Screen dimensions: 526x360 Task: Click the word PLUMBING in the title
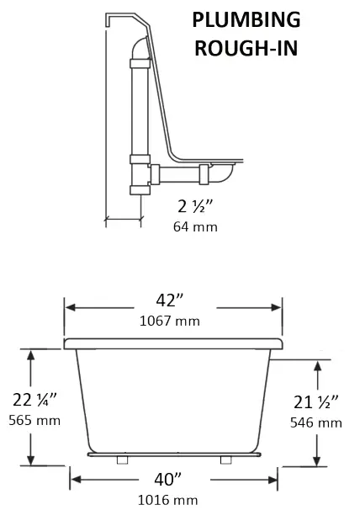tap(246, 20)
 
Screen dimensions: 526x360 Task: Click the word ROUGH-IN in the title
tap(246, 47)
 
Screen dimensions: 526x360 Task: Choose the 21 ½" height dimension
tap(316, 403)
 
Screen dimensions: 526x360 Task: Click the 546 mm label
tap(316, 422)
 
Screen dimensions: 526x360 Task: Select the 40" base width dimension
tap(173, 480)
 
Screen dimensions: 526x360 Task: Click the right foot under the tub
tap(225, 461)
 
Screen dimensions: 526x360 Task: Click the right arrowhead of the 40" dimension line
tap(275, 481)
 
